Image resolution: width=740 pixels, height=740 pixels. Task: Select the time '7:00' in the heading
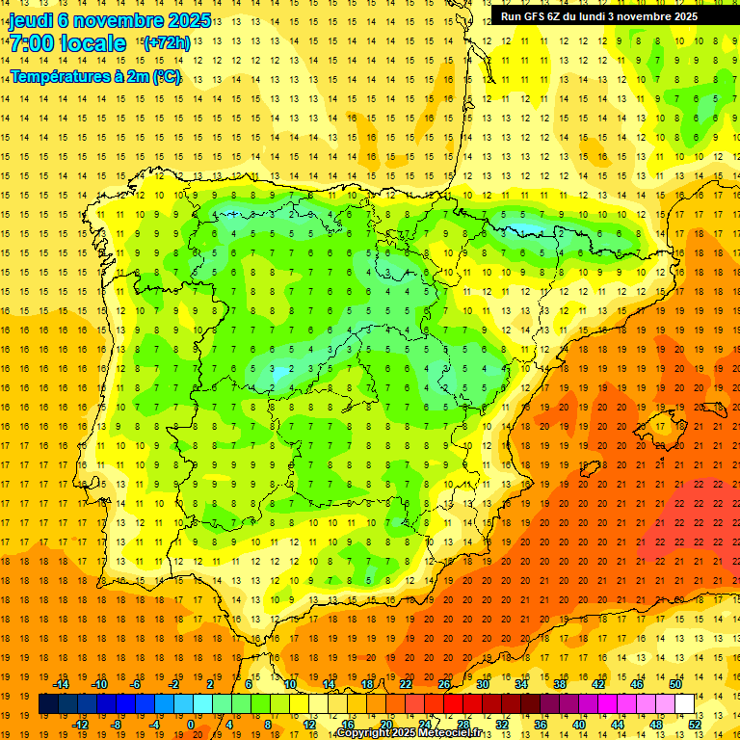click(30, 43)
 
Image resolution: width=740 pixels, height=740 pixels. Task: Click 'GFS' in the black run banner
click(542, 16)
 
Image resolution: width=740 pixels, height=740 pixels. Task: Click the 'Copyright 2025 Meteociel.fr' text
click(410, 733)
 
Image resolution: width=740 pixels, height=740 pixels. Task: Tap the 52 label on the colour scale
click(694, 725)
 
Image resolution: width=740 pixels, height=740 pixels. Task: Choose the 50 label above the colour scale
click(675, 684)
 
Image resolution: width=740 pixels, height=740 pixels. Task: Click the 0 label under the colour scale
click(191, 725)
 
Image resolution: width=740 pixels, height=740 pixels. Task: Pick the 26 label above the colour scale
click(444, 684)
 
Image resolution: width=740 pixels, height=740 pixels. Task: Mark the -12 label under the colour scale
click(80, 725)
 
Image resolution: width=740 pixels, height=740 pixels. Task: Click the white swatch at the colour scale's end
click(684, 704)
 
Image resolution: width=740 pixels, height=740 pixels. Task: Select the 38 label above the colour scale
click(560, 684)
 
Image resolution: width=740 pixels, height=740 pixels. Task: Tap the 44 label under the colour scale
click(618, 725)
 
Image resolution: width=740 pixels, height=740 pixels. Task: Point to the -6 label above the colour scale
click(137, 684)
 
